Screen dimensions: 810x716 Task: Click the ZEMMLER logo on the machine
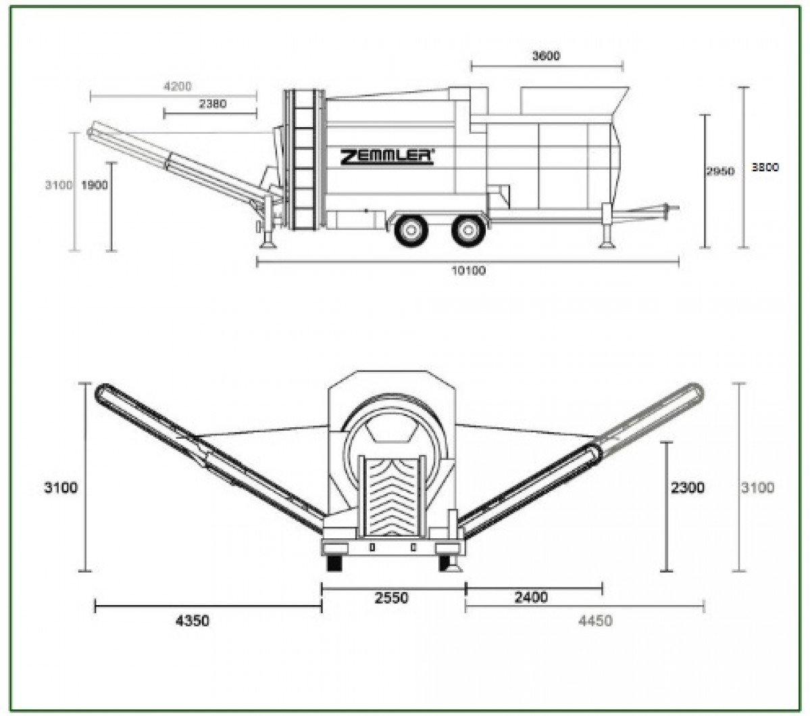[387, 157]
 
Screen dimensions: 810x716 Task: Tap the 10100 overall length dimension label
[469, 270]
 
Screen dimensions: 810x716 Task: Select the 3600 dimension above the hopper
[546, 56]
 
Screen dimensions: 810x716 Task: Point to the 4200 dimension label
[178, 87]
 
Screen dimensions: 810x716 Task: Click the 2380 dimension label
[212, 104]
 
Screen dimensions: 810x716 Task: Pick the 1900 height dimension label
[95, 185]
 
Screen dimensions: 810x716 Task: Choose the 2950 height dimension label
[720, 171]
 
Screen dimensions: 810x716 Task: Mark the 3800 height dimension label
[765, 168]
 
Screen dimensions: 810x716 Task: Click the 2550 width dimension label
[391, 598]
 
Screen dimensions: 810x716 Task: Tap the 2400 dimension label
[531, 598]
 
